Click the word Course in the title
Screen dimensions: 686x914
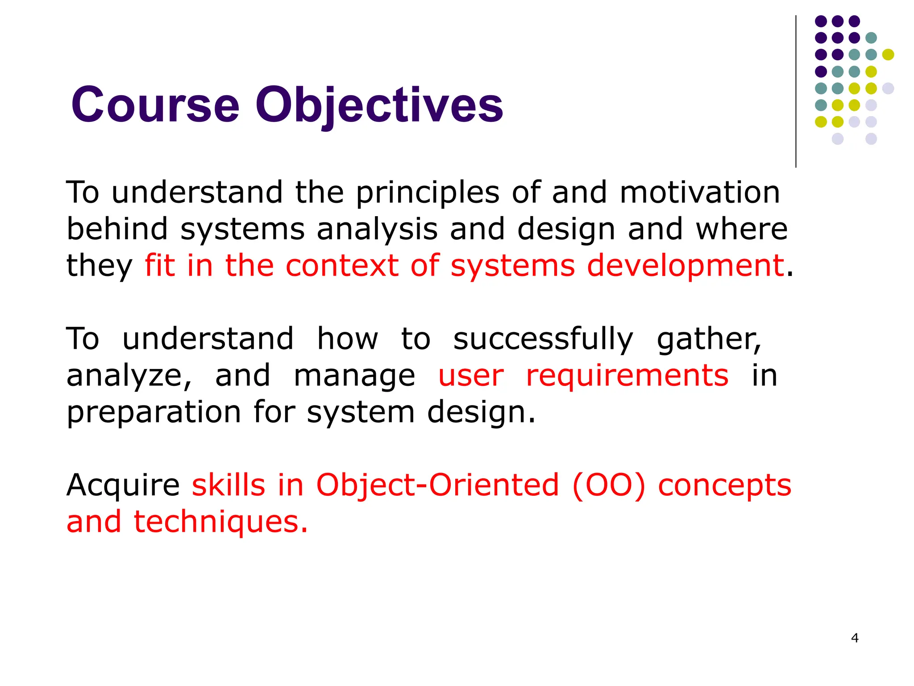pos(155,105)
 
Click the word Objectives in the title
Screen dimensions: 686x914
pos(379,105)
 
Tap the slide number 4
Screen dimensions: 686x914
pos(855,638)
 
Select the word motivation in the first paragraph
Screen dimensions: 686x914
pos(700,193)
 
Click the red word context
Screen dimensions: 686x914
pos(342,266)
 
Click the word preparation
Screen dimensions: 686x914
pos(154,413)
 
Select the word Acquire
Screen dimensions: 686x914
pos(123,486)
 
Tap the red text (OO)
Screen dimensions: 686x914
pos(608,486)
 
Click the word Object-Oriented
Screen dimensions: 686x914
pos(437,486)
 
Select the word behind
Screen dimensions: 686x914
pos(117,230)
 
